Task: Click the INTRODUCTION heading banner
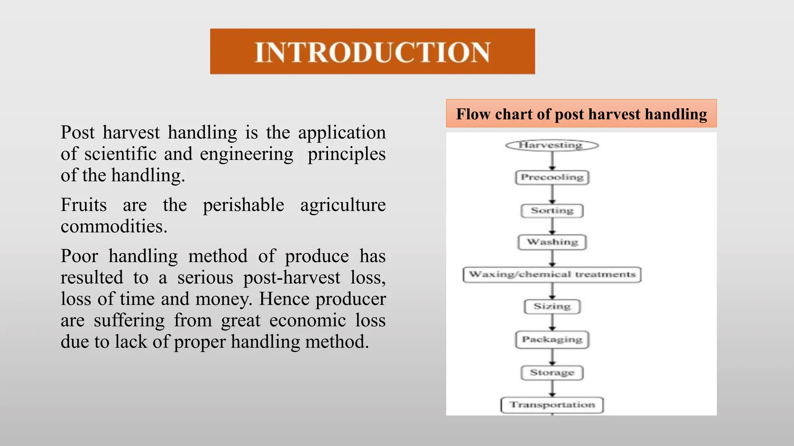(x=372, y=51)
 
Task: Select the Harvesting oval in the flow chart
(x=552, y=145)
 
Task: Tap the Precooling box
(x=552, y=177)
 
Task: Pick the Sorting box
(x=552, y=211)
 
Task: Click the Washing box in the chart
(x=552, y=242)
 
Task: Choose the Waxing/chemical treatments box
(x=552, y=274)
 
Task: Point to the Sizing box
(x=552, y=306)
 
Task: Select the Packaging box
(x=552, y=340)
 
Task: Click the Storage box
(x=552, y=372)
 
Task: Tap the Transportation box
(x=552, y=405)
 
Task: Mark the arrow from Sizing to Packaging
(x=552, y=322)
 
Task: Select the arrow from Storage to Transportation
(x=552, y=388)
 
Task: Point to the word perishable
(x=243, y=205)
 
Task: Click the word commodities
(x=114, y=226)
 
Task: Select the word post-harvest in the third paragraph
(x=292, y=278)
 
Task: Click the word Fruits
(x=83, y=205)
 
